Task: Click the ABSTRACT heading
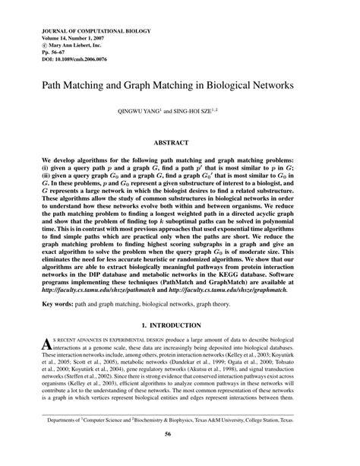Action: (x=180, y=141)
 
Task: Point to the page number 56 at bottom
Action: (x=180, y=455)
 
